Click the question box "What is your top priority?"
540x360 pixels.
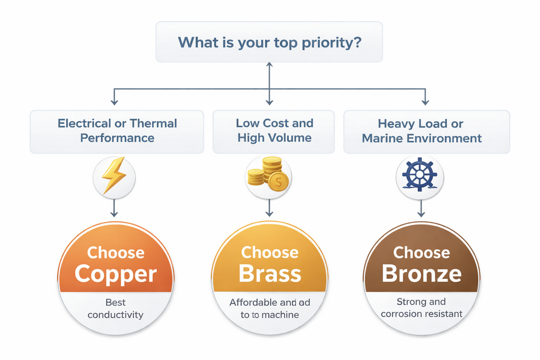(269, 42)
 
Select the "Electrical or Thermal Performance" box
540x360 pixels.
(117, 131)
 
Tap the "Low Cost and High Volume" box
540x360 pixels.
(274, 131)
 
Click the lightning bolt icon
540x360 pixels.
(114, 176)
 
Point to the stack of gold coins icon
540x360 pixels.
(269, 176)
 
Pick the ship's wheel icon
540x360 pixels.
(419, 176)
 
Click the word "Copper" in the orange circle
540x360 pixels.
(115, 274)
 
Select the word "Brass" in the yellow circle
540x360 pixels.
(270, 274)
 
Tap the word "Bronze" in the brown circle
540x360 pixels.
(422, 274)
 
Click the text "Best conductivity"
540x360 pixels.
(116, 309)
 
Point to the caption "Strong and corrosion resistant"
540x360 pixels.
(422, 308)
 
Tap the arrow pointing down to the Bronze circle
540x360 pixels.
(421, 208)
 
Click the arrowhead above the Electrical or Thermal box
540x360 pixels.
(114, 101)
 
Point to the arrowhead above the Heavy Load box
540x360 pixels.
(425, 101)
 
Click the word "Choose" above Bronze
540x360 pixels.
(422, 253)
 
